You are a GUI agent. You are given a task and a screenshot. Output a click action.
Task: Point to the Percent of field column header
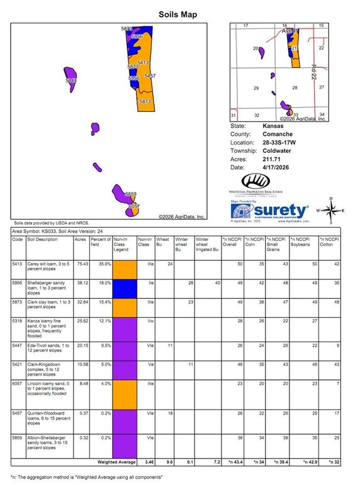[x=99, y=243]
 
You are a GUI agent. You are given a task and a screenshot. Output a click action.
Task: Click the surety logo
[x=270, y=211]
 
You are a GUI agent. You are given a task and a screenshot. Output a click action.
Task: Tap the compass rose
[x=330, y=209]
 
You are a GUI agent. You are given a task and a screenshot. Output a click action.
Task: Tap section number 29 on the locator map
[x=256, y=89]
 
